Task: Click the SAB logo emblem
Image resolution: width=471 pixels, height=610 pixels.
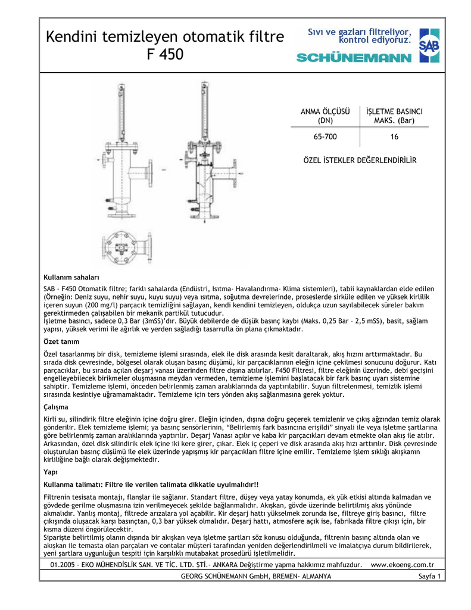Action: [429, 45]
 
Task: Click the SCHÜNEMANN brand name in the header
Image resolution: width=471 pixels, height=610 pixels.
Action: [354, 58]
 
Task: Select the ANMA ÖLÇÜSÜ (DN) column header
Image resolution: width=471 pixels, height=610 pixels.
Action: [325, 116]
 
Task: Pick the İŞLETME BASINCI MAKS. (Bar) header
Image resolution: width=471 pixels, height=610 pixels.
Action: [394, 116]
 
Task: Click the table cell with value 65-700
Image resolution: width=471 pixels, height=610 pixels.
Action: [325, 137]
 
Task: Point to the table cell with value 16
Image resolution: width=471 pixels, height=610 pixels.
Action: [394, 137]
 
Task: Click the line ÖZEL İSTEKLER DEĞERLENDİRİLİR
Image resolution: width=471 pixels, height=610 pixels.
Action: [360, 161]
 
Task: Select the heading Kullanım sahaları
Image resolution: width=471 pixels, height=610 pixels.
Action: [71, 277]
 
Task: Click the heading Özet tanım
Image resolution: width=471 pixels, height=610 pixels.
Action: [63, 342]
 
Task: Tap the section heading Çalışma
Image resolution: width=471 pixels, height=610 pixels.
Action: [56, 407]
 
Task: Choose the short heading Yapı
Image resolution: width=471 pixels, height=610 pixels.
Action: [51, 471]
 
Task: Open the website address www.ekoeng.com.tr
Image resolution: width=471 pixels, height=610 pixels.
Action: [403, 564]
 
